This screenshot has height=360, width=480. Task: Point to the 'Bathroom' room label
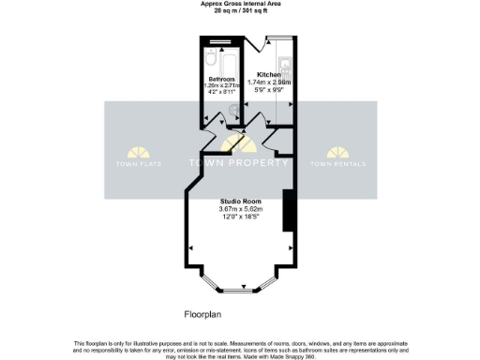(x=222, y=79)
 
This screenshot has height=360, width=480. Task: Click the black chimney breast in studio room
(x=288, y=208)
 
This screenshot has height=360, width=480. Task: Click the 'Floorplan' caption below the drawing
(x=202, y=314)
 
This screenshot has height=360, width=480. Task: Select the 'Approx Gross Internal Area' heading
(x=239, y=4)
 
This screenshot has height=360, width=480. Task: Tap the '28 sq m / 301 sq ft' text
(x=239, y=10)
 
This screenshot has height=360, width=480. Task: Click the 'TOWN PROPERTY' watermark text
(x=239, y=164)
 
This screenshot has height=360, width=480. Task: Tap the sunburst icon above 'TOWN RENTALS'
(x=339, y=152)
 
